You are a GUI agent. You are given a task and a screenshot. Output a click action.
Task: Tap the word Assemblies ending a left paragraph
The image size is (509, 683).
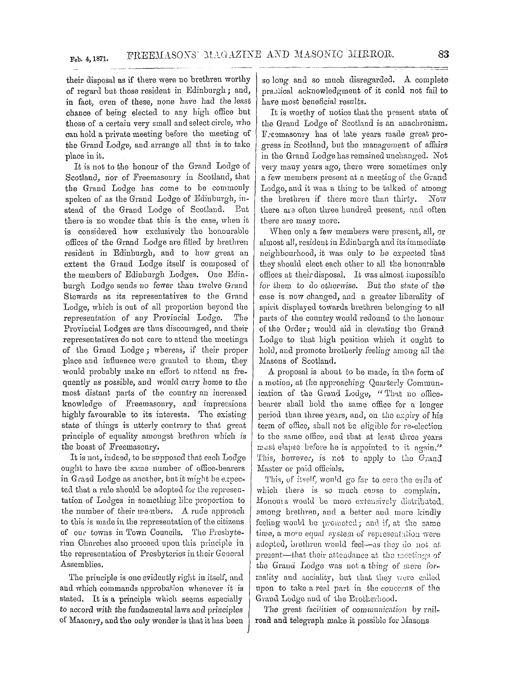tap(81, 564)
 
